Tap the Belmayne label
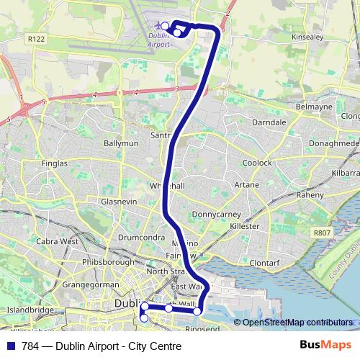313,107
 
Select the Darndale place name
270,122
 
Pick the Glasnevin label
119,202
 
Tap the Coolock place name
257,163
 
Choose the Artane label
247,185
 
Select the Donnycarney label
213,215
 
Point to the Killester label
244,226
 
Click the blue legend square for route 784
9,346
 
